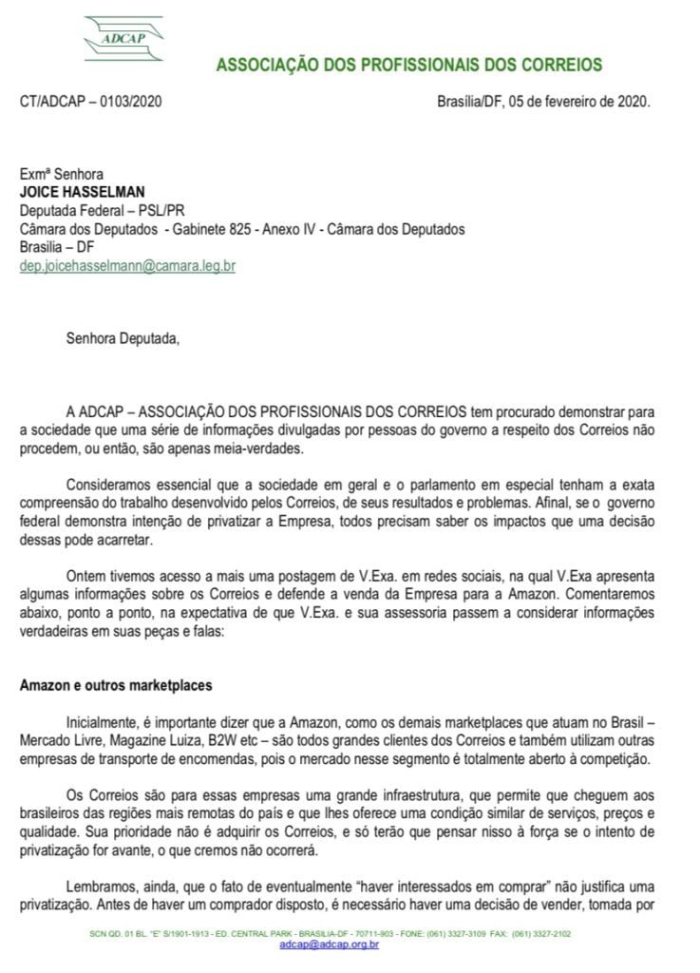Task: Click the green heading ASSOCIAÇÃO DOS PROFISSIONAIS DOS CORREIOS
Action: pyautogui.click(x=408, y=66)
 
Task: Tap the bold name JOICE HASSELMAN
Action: pyautogui.click(x=77, y=191)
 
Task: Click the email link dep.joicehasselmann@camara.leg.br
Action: pyautogui.click(x=127, y=266)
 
